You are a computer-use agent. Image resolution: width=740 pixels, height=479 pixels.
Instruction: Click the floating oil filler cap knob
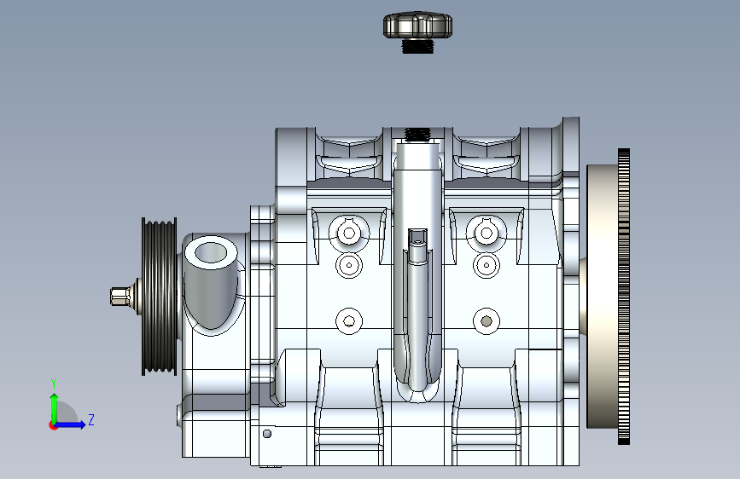coord(417,26)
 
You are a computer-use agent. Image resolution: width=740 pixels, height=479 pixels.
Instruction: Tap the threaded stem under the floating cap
coord(417,46)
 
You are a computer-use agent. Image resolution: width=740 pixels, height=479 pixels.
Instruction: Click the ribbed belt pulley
coord(160,297)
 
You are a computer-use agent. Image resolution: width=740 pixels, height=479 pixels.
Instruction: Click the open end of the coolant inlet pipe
coord(211,252)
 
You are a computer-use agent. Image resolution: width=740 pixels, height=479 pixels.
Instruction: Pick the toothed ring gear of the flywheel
coord(623,297)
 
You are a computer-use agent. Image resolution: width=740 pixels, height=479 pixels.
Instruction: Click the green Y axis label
coord(54,384)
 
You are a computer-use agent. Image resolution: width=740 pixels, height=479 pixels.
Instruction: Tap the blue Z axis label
coord(91,419)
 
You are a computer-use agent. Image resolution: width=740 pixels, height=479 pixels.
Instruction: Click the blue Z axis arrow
coord(70,424)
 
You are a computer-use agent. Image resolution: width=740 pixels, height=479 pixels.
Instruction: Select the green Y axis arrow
coord(55,409)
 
